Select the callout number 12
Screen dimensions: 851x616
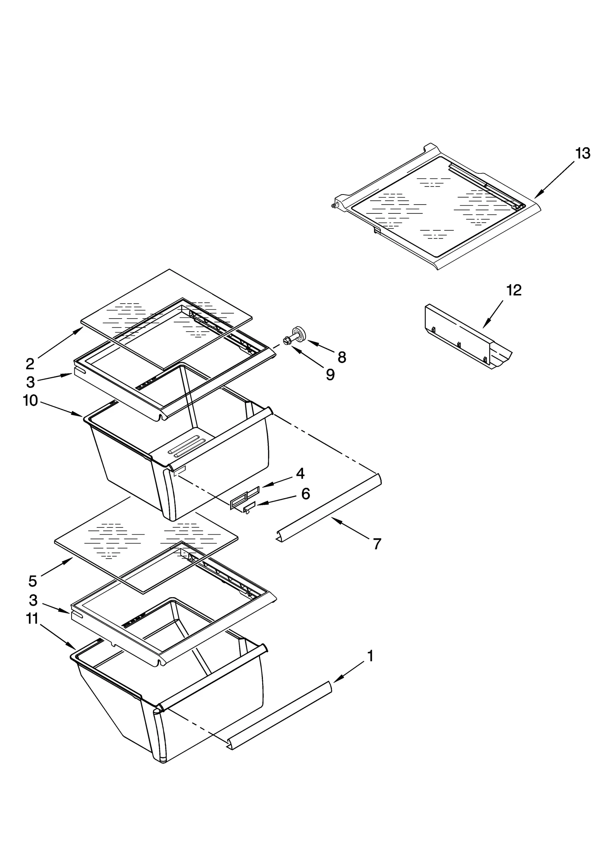click(x=514, y=290)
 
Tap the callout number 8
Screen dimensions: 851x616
click(x=341, y=358)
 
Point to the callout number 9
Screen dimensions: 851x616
click(x=330, y=374)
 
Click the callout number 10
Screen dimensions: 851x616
click(x=30, y=401)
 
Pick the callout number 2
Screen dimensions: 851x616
click(x=30, y=364)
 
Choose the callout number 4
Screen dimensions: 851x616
click(x=300, y=473)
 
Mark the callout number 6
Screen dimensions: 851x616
click(x=305, y=493)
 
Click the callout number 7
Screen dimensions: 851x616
click(x=377, y=544)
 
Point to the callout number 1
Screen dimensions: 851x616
click(x=370, y=656)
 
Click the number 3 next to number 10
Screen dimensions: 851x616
click(x=30, y=382)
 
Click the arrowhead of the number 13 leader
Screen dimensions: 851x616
click(x=537, y=196)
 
